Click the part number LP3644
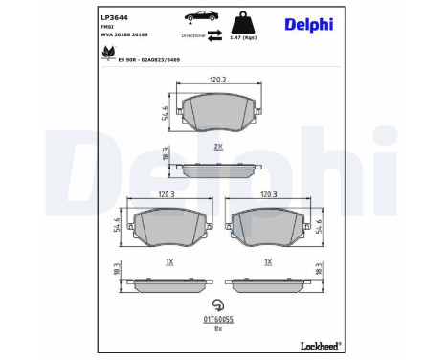115,18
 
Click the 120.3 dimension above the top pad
217,81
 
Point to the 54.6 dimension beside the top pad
166,112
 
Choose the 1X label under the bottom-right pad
268,260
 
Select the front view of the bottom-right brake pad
268,226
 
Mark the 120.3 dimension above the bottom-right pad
268,194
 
